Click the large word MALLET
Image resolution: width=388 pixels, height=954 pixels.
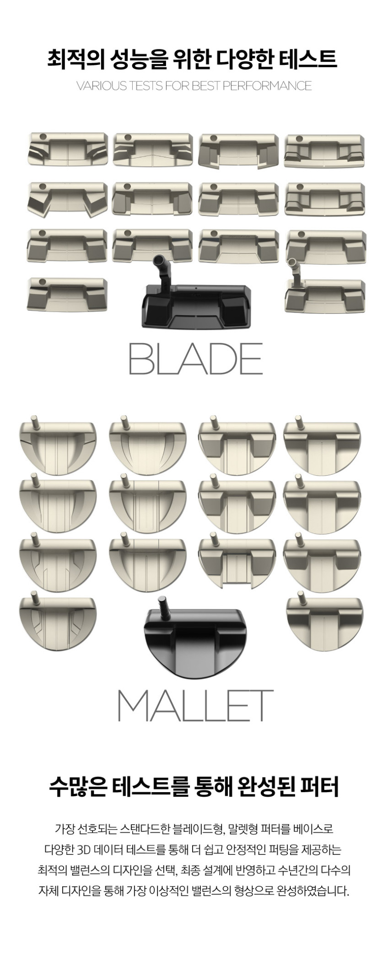tap(196, 705)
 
